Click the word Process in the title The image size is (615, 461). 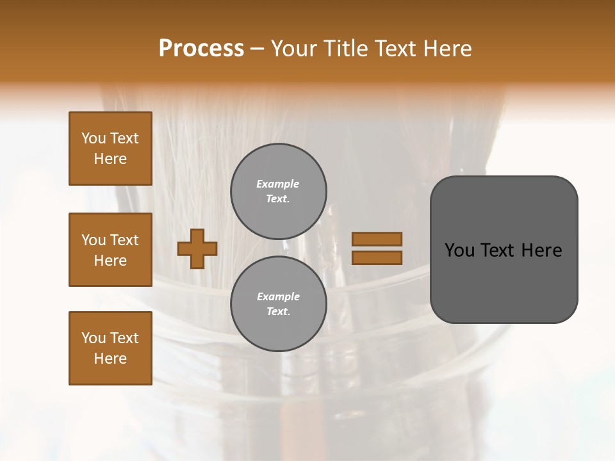point(201,49)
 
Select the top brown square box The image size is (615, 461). point(110,149)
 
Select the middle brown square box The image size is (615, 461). point(110,250)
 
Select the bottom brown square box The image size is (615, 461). point(110,348)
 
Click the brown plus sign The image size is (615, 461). point(197,248)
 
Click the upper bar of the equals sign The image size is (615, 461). point(377,239)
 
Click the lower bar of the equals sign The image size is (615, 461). point(377,257)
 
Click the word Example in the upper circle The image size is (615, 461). point(278,184)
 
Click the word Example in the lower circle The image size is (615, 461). point(278,296)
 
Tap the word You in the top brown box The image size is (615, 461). point(93,138)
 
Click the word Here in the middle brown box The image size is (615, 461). point(110,261)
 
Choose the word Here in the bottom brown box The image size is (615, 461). point(110,359)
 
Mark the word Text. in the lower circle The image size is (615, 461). point(278,312)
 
